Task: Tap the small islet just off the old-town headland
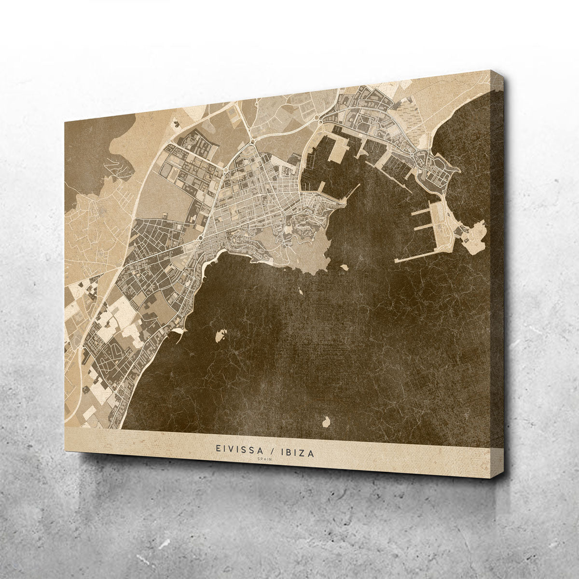345,266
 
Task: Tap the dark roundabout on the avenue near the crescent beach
200,237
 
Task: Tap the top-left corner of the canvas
64,120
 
